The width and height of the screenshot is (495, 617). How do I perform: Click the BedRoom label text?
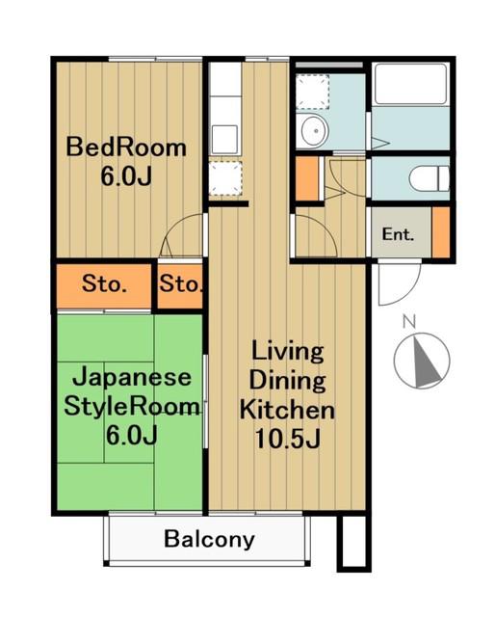[126, 148]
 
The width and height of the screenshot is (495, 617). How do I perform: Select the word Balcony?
[209, 540]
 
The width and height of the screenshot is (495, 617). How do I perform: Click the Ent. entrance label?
[398, 234]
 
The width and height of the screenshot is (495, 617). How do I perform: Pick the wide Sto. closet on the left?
[104, 284]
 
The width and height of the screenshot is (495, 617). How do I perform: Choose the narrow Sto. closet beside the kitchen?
[180, 284]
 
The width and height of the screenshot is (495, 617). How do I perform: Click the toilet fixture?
[429, 178]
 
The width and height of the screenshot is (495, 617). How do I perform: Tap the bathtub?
[411, 84]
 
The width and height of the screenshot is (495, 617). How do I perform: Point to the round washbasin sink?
[314, 130]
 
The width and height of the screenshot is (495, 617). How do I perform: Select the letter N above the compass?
[409, 322]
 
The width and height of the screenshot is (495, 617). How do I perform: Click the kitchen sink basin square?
[224, 139]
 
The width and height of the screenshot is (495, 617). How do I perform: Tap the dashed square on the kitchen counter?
[224, 177]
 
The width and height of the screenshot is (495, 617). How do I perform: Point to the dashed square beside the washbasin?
[312, 92]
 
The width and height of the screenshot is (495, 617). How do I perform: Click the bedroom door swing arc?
[181, 233]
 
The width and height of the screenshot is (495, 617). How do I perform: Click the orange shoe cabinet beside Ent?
[441, 232]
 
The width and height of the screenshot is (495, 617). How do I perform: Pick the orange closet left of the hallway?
[306, 178]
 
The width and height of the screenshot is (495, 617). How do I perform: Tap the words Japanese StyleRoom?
[131, 391]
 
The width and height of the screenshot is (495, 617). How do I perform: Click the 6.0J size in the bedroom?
[126, 175]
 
